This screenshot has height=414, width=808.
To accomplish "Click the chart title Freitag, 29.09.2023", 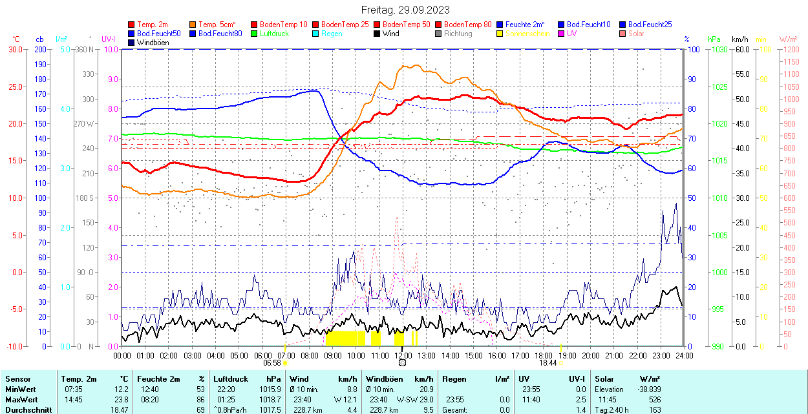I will point(404,10).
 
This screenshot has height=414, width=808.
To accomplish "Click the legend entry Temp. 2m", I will point(152,25).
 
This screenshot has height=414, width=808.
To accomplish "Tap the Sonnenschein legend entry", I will point(527,34).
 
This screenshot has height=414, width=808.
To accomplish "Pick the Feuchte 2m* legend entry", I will point(525,25).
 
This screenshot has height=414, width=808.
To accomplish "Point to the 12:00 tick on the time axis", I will point(403,355).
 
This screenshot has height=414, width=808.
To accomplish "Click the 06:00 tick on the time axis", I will point(262,355).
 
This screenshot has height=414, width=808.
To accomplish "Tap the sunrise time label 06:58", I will point(271,363).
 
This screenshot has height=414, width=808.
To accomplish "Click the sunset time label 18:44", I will point(548,363).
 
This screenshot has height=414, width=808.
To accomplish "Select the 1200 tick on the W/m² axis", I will point(791,49).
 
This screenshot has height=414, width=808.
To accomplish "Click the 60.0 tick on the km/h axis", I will point(741,49).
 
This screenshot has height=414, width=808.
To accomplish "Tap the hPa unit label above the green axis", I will point(714,39).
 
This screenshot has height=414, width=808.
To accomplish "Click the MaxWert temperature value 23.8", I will point(121,400).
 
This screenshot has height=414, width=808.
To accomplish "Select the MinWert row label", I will point(20,389).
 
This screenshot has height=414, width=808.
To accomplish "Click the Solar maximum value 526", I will point(655,400).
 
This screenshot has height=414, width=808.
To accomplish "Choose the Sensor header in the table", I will point(18,379).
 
